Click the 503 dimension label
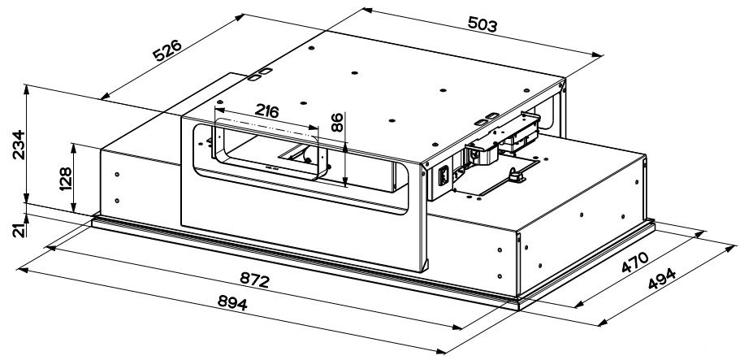pos(483,24)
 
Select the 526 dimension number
pos(167,51)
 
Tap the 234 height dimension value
pos(19,145)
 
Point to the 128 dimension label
pos(65,179)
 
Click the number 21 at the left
pos(19,231)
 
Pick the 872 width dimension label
pos(254,280)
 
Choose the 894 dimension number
pos(232,302)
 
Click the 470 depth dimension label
pos(634,262)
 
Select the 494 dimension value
pos(662,279)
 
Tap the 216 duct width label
pos(266,111)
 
